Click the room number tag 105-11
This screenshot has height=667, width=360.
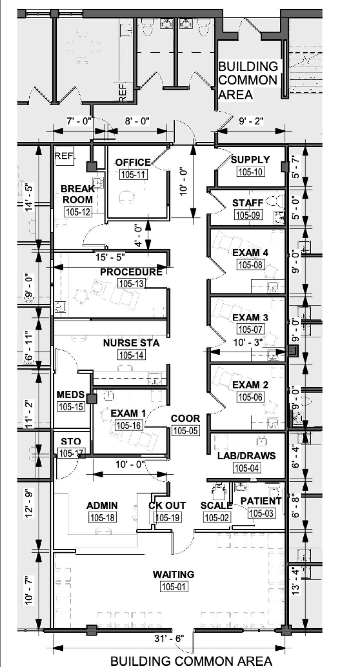pos(133,174)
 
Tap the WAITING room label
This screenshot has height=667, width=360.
pos(173,574)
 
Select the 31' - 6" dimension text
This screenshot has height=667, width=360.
pos(169,638)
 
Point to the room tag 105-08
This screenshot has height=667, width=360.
pos(250,265)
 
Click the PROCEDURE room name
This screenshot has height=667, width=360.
pos(131,272)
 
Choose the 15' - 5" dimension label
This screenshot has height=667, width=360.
pos(110,257)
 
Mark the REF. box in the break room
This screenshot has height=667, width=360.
pos(65,155)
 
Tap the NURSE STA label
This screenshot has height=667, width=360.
pos(131,343)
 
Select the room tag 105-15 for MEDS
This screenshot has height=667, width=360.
pos(71,407)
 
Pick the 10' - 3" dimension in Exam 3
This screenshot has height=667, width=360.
pos(248,343)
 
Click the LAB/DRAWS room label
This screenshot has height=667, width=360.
pos(247,456)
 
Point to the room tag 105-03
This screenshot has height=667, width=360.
pos(261,513)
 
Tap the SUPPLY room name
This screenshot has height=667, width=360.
pos(250,160)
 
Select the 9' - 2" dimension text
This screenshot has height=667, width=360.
pos(251,121)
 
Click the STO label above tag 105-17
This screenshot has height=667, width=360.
pos(71,442)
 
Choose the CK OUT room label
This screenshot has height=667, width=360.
pos(167,506)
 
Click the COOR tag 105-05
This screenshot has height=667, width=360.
pos(186,431)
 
